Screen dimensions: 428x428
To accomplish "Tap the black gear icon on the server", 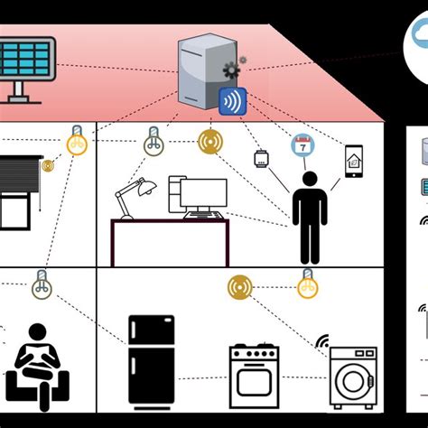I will pos(230,70).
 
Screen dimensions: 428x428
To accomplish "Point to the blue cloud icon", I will pos(418,38).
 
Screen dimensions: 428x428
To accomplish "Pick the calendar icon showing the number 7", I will pos(300,145).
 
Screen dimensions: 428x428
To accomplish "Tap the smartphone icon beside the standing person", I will pos(353,160).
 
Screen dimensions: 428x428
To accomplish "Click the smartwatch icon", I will pos(262,159).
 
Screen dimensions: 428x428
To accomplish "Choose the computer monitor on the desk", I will pos(203,193).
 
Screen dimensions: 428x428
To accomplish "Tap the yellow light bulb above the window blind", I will pos(78,141).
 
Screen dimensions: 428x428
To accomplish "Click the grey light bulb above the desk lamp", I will pos(154,140).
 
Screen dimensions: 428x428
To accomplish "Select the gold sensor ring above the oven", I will pos(240,287).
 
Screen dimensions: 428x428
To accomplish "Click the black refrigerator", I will pos(151,359).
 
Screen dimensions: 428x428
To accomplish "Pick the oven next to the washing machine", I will pos(256,375).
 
